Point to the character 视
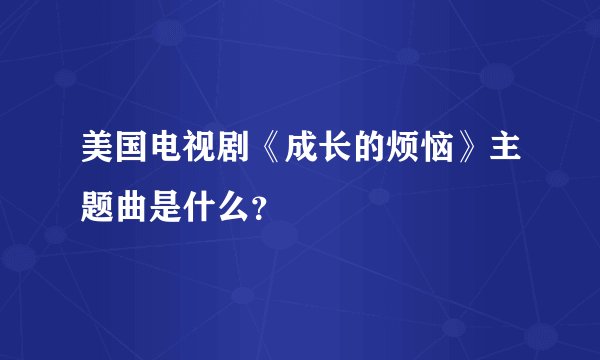201,158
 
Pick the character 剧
236,158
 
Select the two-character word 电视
184,158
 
